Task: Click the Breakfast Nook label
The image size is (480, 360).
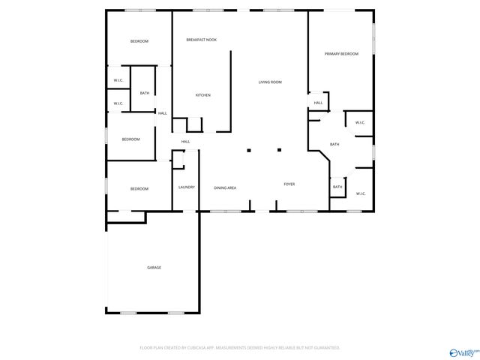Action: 202,39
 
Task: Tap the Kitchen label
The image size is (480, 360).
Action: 202,95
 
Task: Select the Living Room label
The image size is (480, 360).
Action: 270,82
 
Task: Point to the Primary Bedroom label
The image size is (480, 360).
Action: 341,54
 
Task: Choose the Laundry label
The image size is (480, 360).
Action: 187,187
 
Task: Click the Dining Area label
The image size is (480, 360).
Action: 225,187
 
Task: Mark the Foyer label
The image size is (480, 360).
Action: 289,184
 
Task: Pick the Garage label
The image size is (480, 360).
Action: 154,268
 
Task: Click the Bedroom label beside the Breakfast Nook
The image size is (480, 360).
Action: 139,41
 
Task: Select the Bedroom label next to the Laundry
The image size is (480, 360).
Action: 139,189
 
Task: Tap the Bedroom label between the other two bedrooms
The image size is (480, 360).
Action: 131,139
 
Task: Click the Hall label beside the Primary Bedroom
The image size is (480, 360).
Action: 318,103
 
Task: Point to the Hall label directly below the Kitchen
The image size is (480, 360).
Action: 185,142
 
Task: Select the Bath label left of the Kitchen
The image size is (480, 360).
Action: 144,93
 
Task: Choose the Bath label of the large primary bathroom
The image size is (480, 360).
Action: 334,145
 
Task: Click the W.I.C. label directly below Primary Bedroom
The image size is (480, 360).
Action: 359,123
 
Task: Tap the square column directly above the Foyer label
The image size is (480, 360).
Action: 279,150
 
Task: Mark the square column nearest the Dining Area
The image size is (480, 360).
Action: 249,151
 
